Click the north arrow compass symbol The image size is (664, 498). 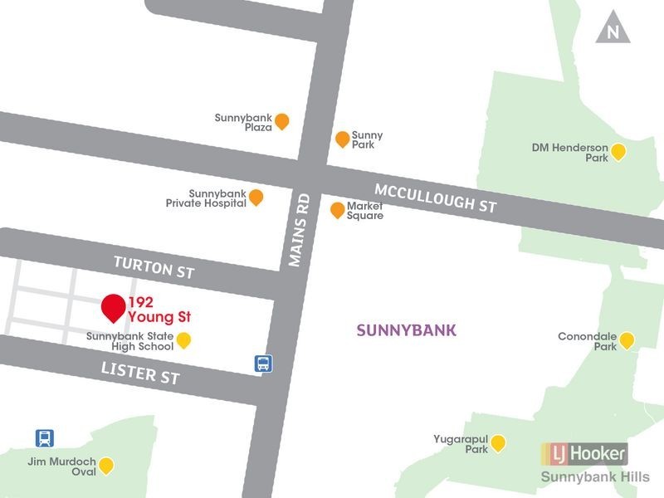pos(613,31)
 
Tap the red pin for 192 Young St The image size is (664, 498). pos(114,307)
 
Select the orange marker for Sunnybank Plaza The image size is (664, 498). pos(282,121)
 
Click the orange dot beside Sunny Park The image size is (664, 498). pos(342,139)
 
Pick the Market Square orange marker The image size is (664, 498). pos(337,210)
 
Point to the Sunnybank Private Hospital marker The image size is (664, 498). pos(256,198)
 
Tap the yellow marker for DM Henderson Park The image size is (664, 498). pos(618,151)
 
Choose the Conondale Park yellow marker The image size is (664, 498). pos(627,340)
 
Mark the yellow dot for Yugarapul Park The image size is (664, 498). pos(498,443)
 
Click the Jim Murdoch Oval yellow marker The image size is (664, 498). pos(106,466)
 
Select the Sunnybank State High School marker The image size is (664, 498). pos(184,340)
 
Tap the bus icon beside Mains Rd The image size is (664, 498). pos(262,363)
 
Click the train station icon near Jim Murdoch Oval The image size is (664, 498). pos(45,437)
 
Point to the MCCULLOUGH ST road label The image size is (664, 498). pos(435,194)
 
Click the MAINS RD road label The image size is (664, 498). pos(299,230)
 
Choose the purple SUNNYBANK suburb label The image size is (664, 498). pos(406,330)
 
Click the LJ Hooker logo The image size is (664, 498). pos(584,453)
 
